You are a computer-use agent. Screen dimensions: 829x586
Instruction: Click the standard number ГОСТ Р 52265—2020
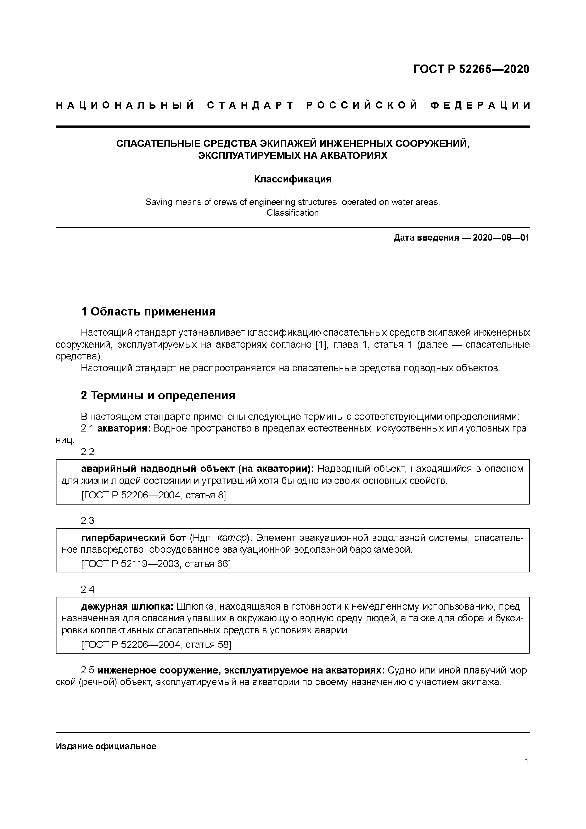coord(471,69)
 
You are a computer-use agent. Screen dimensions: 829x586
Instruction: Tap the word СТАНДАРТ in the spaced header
coord(250,105)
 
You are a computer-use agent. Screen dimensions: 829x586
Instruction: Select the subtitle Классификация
coord(293,179)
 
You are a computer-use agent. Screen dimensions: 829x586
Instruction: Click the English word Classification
coord(293,213)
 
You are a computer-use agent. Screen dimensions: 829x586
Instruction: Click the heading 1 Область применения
coord(148,311)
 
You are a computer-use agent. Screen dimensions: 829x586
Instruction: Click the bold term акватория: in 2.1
coord(124,429)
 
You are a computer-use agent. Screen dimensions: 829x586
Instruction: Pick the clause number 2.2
coord(87,452)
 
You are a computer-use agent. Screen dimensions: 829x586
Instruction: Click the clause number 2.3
coord(87,520)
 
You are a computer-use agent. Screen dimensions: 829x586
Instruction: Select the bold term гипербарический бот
coord(134,538)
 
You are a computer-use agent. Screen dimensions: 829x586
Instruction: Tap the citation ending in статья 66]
coord(156,564)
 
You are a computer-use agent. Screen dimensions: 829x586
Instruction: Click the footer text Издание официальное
coord(106,746)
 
